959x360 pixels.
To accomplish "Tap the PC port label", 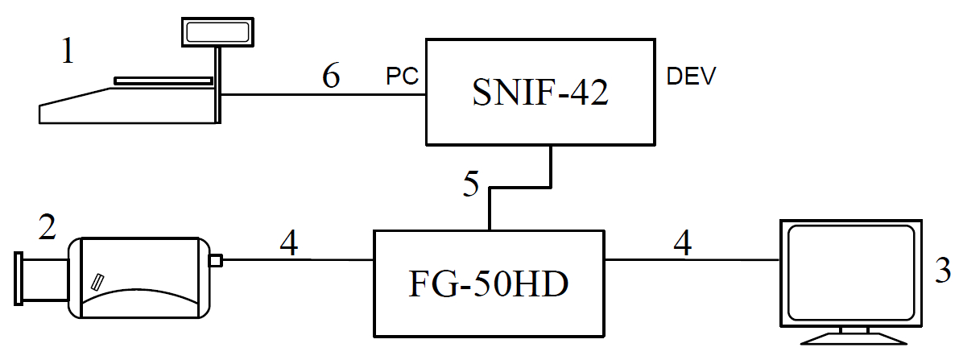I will [402, 77].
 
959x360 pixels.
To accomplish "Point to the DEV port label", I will [691, 77].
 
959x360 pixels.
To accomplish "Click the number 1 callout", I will [68, 53].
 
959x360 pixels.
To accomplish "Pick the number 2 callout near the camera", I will [47, 228].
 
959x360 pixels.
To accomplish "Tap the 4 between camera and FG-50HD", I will [289, 242].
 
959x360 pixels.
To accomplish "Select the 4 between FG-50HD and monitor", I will [682, 242].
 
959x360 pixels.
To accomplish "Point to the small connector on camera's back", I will [215, 260].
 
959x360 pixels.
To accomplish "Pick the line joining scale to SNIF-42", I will [322, 96].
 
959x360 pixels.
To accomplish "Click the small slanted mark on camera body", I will [98, 281].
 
